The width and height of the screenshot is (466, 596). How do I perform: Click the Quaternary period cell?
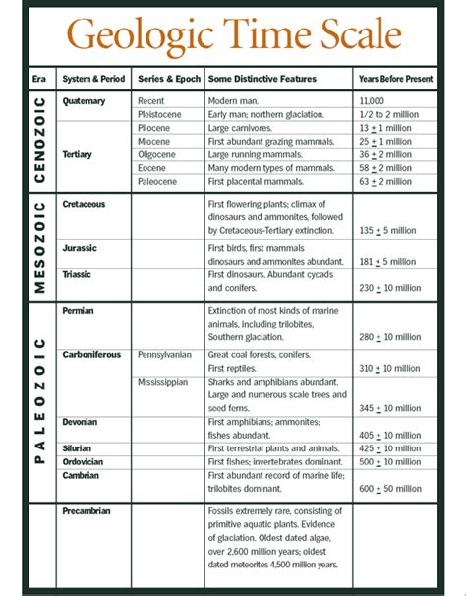(x=86, y=100)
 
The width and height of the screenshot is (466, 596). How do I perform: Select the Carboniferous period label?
(x=92, y=353)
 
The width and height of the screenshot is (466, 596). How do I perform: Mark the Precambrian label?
(x=87, y=511)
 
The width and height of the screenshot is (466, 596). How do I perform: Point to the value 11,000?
(x=375, y=100)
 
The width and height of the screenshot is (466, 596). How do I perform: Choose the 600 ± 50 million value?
(x=390, y=489)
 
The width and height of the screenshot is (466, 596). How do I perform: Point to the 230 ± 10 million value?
(x=390, y=288)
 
